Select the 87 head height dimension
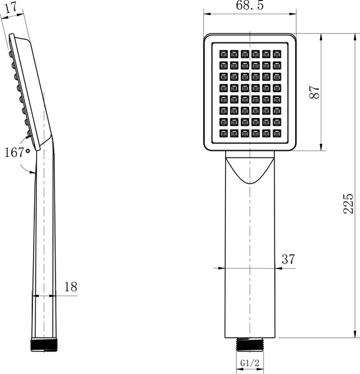pyautogui.click(x=316, y=91)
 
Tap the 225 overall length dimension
pyautogui.click(x=349, y=204)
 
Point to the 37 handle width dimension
pyautogui.click(x=288, y=259)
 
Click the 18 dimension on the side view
pyautogui.click(x=71, y=287)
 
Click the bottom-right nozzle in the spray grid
pyautogui.click(x=276, y=133)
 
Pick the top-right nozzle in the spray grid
pyautogui.click(x=276, y=54)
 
